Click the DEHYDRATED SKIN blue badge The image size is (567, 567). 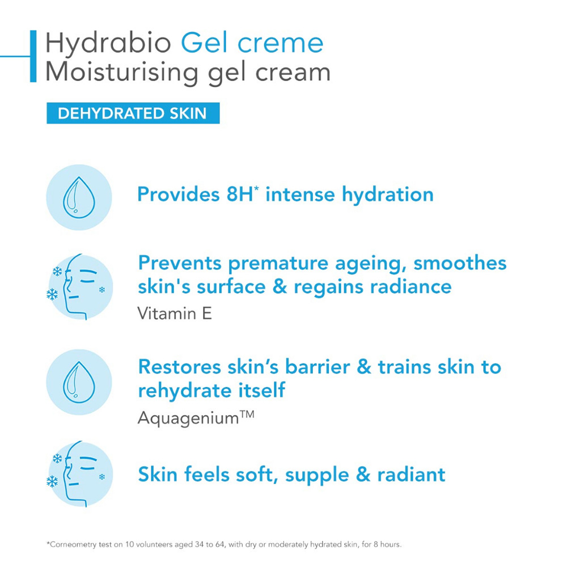[133, 113]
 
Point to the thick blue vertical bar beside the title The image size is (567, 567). [33, 56]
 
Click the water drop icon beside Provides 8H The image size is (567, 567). [79, 197]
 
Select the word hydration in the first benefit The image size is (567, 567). [388, 194]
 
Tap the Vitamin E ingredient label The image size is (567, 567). [175, 314]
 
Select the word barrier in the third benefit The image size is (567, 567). [318, 367]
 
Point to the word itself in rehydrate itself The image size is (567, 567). [261, 391]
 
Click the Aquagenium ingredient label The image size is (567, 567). [196, 418]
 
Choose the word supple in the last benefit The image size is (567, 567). [317, 476]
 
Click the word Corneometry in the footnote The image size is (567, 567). [74, 544]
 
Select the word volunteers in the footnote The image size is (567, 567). [154, 544]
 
